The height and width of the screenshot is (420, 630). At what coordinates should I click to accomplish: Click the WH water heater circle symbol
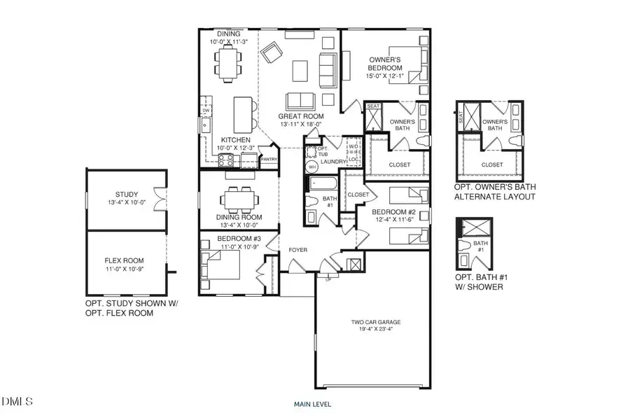pos(312,168)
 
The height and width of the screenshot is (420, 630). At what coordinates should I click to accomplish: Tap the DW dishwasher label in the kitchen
pos(206,111)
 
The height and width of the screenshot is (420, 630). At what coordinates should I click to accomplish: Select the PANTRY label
pos(269,159)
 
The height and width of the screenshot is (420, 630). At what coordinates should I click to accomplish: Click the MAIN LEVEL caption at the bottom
pos(313,404)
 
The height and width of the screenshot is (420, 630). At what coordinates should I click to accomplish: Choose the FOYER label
pos(289,250)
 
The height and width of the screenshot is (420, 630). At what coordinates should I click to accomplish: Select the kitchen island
pos(242,113)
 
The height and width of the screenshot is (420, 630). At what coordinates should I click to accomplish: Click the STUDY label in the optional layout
pos(127,195)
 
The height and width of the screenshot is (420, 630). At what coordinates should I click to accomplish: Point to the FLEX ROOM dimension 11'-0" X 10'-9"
pos(127,269)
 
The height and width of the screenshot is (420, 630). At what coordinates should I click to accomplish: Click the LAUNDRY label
pos(333,162)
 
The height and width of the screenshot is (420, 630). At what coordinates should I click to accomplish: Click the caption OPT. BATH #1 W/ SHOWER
pos(478,282)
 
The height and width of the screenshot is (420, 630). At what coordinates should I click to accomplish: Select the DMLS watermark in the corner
pos(18,401)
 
